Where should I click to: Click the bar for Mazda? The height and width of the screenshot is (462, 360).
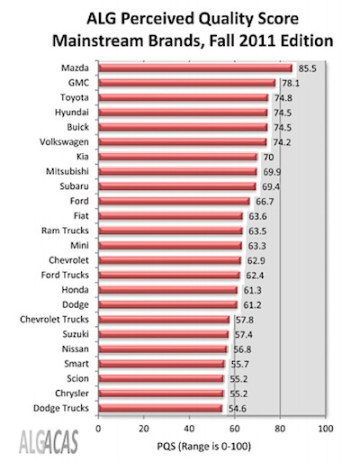(195, 68)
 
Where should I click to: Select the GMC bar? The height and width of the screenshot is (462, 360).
(187, 83)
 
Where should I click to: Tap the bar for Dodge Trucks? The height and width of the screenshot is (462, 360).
(161, 408)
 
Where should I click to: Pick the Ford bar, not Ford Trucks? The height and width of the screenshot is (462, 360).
(175, 201)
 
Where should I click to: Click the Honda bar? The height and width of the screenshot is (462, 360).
(168, 290)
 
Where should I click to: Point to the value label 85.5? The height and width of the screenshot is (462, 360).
(308, 68)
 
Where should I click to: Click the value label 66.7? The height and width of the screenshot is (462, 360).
(265, 202)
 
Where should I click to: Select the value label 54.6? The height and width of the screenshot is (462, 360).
(238, 409)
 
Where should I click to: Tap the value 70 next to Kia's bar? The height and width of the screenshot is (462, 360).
(268, 157)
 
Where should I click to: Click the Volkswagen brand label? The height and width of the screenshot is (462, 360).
(64, 142)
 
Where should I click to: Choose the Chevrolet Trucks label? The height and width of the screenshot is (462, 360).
(54, 320)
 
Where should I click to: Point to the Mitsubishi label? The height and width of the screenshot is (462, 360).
(67, 171)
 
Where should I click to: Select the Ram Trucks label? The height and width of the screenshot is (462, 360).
(65, 231)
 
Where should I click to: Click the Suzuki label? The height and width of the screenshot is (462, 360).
(76, 334)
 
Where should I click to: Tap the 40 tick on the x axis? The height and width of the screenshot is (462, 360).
(189, 429)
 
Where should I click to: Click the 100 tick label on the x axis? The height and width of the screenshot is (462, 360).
(325, 429)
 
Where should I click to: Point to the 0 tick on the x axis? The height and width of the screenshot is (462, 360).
(98, 429)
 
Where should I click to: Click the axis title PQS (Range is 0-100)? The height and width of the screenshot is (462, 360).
(203, 447)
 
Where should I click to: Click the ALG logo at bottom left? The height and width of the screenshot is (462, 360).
(49, 441)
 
